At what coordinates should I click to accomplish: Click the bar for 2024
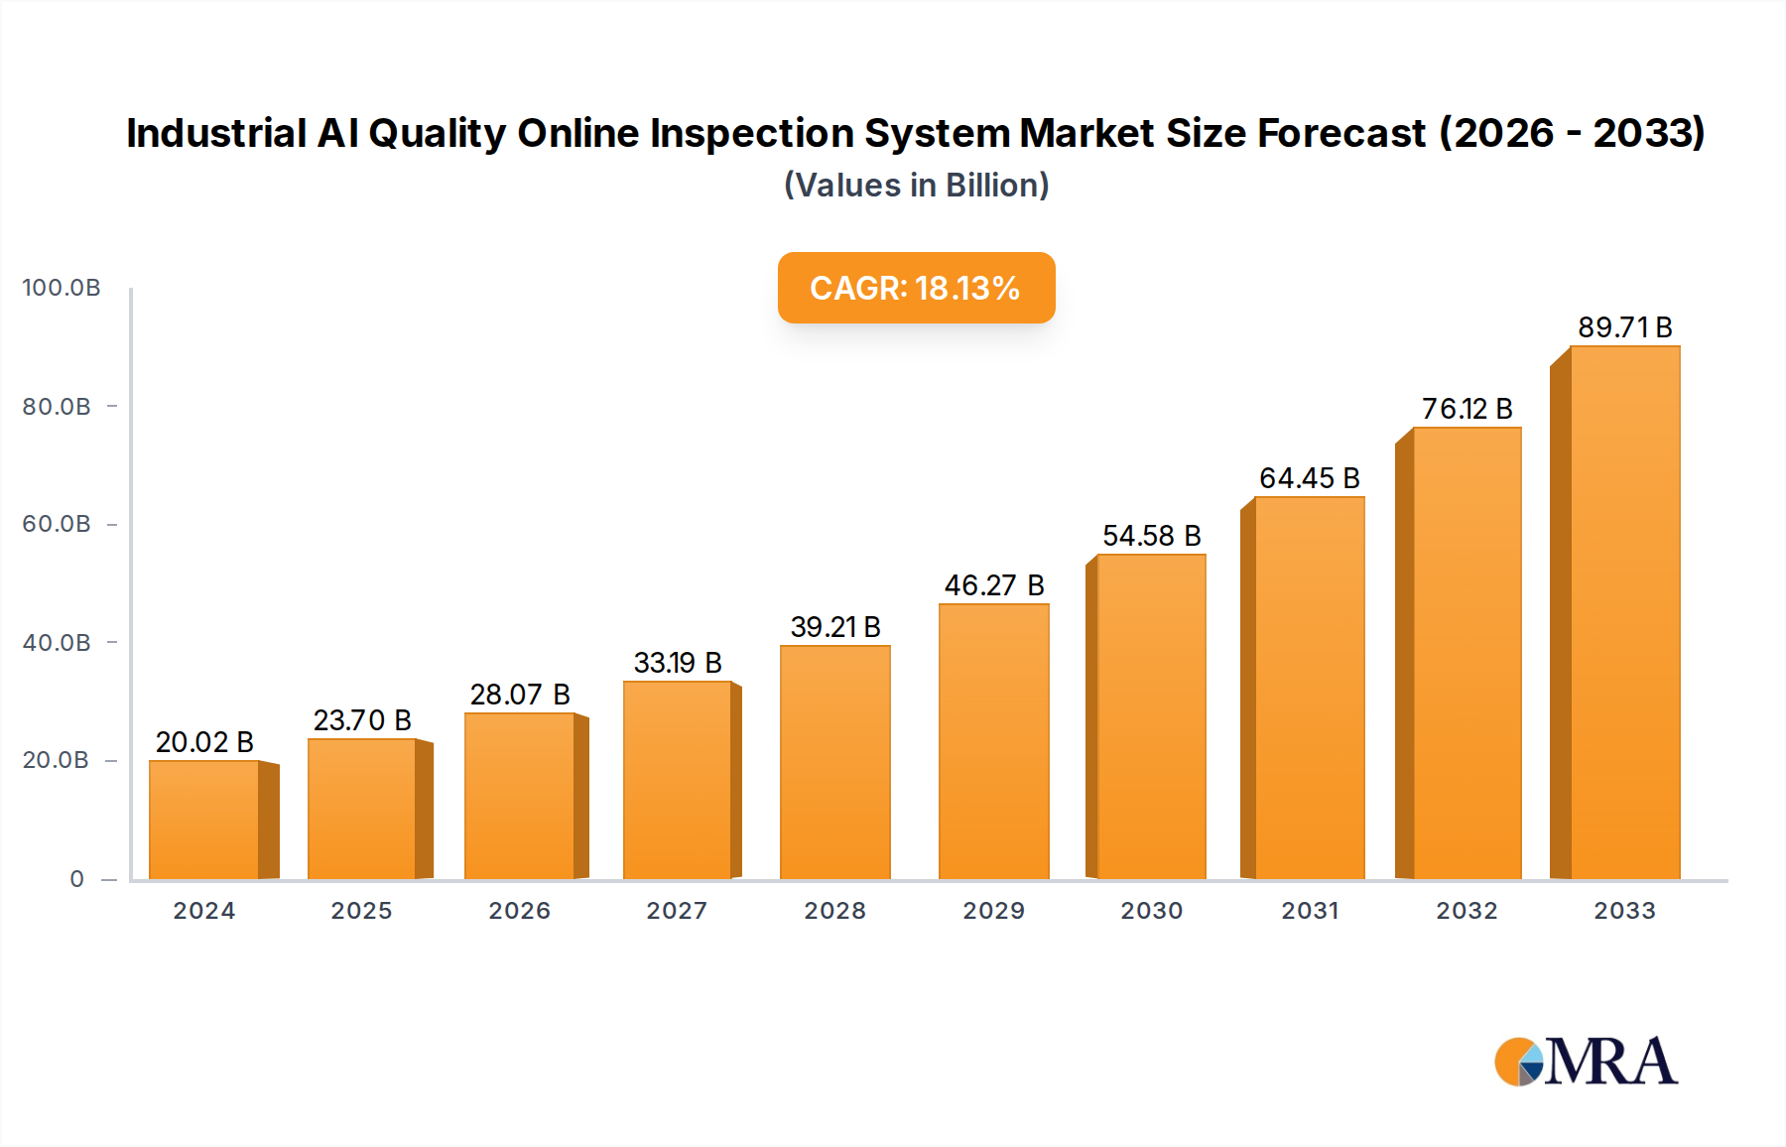tap(204, 820)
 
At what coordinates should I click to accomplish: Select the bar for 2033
tap(1624, 613)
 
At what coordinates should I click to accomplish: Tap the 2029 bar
tap(993, 741)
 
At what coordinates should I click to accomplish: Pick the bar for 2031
tap(1309, 688)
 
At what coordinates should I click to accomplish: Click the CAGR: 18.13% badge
tap(916, 288)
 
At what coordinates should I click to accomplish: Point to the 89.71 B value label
tap(1624, 327)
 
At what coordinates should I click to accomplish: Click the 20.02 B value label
tap(204, 742)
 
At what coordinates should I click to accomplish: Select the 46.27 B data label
tap(993, 585)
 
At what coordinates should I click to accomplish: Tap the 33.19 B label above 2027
tap(678, 663)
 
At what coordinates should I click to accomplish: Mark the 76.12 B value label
tap(1467, 409)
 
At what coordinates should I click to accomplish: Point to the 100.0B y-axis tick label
tap(62, 288)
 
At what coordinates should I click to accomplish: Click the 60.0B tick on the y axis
tap(57, 524)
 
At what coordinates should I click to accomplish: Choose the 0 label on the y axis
tap(76, 879)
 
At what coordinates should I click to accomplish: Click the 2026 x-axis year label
tap(519, 911)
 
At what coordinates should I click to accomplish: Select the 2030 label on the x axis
tap(1151, 911)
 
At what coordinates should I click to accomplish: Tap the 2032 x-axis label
tap(1467, 911)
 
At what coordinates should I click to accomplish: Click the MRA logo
tap(1586, 1062)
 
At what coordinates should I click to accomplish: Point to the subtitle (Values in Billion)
tap(916, 186)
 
